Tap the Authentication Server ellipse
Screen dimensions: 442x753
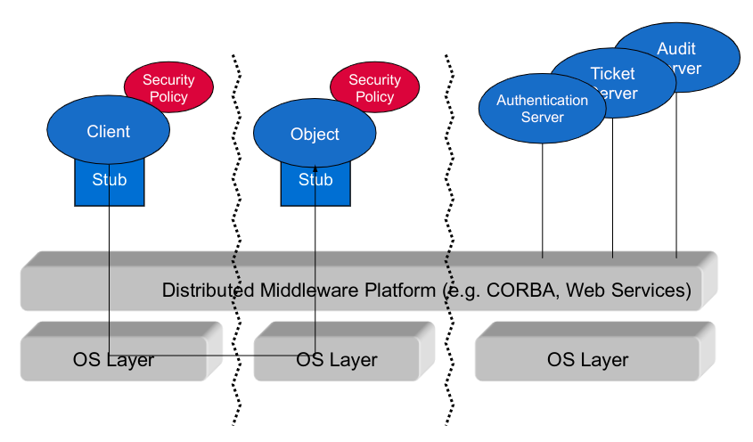coord(542,108)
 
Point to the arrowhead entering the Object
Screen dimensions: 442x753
coord(315,168)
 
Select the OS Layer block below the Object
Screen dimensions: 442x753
coord(337,360)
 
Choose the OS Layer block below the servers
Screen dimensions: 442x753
coord(588,360)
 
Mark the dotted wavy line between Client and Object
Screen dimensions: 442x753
coord(235,232)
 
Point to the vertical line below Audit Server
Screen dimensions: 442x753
coord(675,178)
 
